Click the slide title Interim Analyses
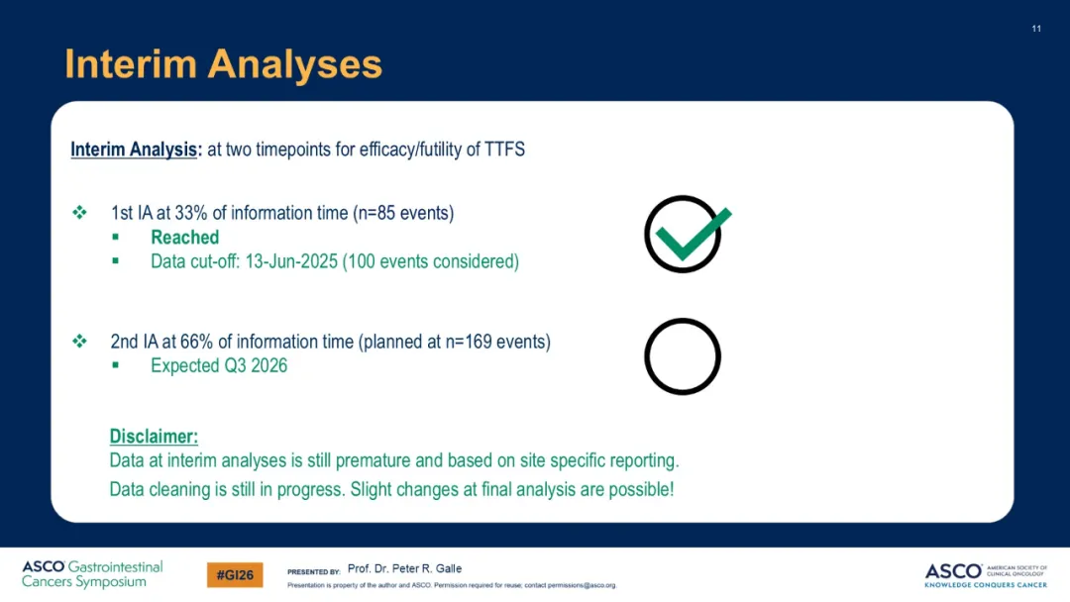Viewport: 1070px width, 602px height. (x=223, y=64)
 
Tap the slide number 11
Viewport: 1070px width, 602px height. (x=1036, y=29)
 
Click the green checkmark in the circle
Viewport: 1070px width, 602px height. (x=692, y=235)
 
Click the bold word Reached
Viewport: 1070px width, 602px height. (x=185, y=238)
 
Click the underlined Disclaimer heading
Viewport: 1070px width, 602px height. (x=154, y=437)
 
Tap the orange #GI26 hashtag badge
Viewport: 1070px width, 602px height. (x=235, y=574)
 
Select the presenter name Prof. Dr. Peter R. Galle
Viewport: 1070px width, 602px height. (x=404, y=568)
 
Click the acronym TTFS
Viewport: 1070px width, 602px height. (x=504, y=150)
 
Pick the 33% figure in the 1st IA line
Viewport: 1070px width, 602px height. (x=190, y=213)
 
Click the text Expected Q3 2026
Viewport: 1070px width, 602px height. (x=219, y=365)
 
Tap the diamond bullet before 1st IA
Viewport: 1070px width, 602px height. (x=80, y=212)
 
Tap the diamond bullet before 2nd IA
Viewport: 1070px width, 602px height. (x=80, y=341)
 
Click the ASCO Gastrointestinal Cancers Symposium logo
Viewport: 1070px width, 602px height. (x=92, y=574)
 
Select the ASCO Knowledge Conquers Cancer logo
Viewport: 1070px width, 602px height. (x=986, y=575)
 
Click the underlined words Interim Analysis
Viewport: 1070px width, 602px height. (x=134, y=150)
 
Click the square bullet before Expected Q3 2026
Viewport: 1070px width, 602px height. (x=115, y=364)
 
